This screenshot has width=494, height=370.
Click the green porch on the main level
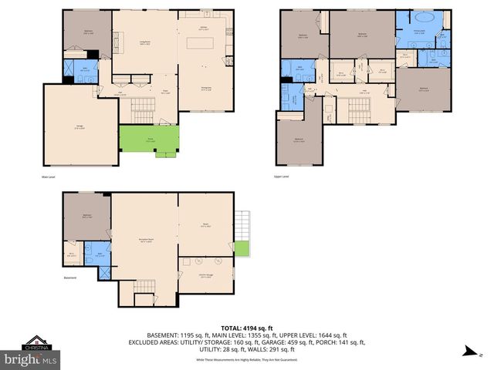[148, 140]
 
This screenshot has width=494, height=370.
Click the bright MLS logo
[30, 359]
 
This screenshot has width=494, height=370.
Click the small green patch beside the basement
[242, 249]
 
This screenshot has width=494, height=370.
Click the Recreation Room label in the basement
[145, 240]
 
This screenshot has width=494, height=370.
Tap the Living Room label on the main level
[144, 44]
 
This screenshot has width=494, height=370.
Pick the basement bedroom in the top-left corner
[86, 216]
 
